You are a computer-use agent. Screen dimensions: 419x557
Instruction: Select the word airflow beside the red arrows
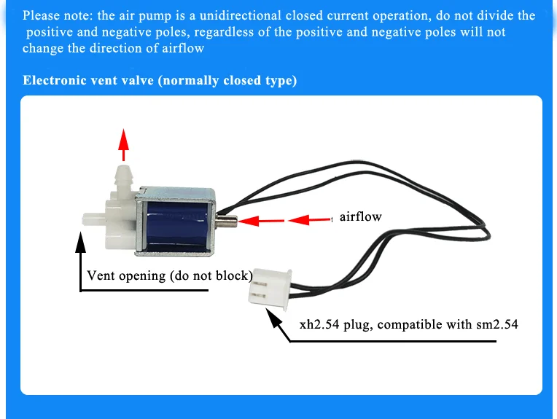tap(360, 216)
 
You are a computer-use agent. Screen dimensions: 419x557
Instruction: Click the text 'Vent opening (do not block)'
tap(169, 275)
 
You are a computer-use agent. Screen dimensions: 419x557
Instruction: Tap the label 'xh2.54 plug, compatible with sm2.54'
tap(408, 324)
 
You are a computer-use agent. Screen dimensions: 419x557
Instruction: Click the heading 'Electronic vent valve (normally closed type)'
tap(160, 80)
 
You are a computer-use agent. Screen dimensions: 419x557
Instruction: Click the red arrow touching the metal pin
tap(257, 219)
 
